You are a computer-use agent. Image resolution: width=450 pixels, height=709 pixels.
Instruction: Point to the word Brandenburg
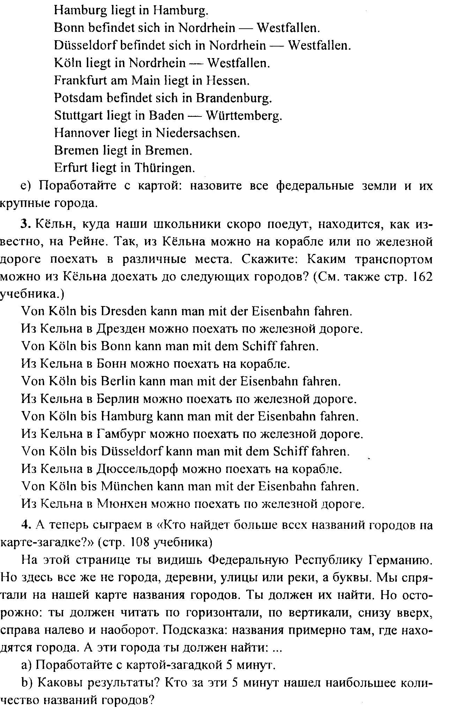point(234,98)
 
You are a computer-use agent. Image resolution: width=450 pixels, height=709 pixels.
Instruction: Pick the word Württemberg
point(244,115)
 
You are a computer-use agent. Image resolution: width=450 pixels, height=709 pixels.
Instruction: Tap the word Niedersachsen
point(198,133)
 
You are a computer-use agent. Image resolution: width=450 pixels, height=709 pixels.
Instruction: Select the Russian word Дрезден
point(119,329)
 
